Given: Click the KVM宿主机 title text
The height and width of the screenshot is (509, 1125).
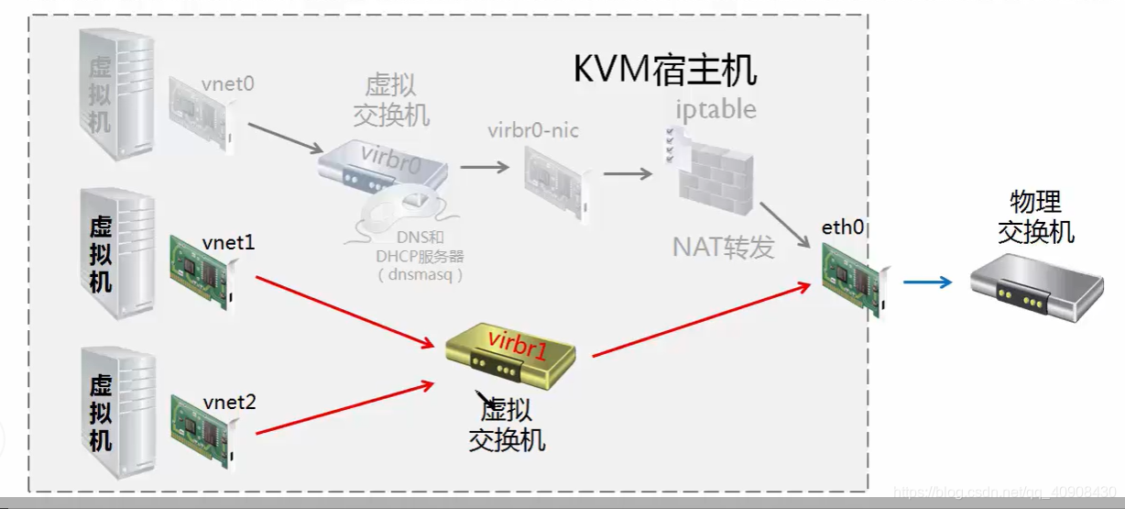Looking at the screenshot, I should tap(665, 70).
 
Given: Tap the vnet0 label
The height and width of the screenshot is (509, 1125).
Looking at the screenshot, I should tap(227, 83).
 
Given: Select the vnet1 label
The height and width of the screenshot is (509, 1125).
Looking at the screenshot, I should tap(228, 242).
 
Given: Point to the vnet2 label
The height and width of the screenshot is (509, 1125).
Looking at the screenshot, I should tap(229, 401).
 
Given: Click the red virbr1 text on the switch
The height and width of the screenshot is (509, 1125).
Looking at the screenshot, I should tap(518, 341).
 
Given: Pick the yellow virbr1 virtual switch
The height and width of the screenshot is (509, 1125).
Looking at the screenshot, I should tap(509, 353).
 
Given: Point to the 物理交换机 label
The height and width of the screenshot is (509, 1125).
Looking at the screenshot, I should tap(1035, 216).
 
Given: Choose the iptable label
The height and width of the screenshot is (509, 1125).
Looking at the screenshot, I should tap(715, 109).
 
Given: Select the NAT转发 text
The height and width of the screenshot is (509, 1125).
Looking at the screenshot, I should tap(723, 247).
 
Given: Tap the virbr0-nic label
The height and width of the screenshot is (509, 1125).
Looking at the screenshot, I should tap(533, 130).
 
